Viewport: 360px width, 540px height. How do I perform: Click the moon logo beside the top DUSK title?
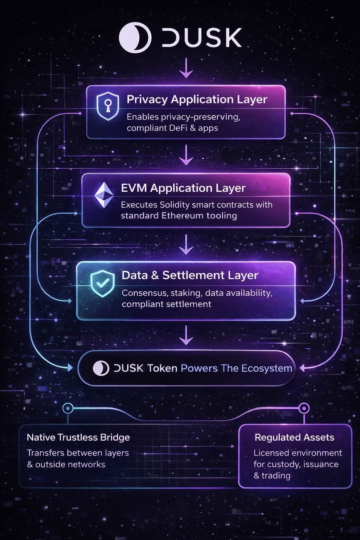pyautogui.click(x=135, y=38)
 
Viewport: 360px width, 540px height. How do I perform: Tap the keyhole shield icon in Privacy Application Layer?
pyautogui.click(x=108, y=106)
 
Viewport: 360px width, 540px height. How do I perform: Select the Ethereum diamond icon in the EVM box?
pyautogui.click(x=104, y=195)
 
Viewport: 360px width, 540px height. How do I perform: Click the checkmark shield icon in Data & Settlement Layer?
pyautogui.click(x=102, y=283)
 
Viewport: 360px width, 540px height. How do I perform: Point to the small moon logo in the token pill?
pyautogui.click(x=101, y=368)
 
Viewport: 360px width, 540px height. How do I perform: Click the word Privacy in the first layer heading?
pyautogui.click(x=147, y=100)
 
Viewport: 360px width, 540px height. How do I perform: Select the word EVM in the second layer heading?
pyautogui.click(x=134, y=188)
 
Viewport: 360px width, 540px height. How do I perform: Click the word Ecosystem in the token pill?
pyautogui.click(x=267, y=368)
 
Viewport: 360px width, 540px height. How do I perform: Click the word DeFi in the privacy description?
pyautogui.click(x=178, y=128)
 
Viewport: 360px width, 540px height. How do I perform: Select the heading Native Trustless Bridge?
pyautogui.click(x=78, y=438)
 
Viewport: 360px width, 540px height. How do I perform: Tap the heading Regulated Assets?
pyautogui.click(x=294, y=438)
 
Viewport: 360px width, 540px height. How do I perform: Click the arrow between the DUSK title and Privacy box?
pyautogui.click(x=186, y=68)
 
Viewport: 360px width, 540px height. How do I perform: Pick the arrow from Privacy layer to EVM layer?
pyautogui.click(x=186, y=155)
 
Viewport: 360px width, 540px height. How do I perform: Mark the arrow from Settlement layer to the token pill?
pyautogui.click(x=186, y=335)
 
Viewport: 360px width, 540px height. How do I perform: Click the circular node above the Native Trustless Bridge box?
pyautogui.click(x=68, y=408)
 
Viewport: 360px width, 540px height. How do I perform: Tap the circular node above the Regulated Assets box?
pyautogui.click(x=304, y=408)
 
